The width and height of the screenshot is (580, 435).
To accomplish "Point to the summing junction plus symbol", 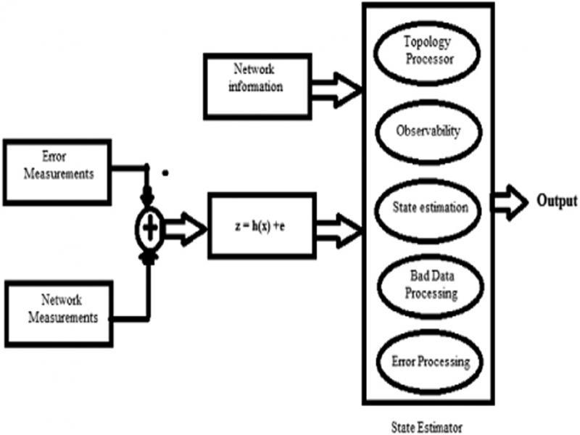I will [x=149, y=230].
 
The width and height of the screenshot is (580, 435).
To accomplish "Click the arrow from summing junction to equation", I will [x=185, y=230].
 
